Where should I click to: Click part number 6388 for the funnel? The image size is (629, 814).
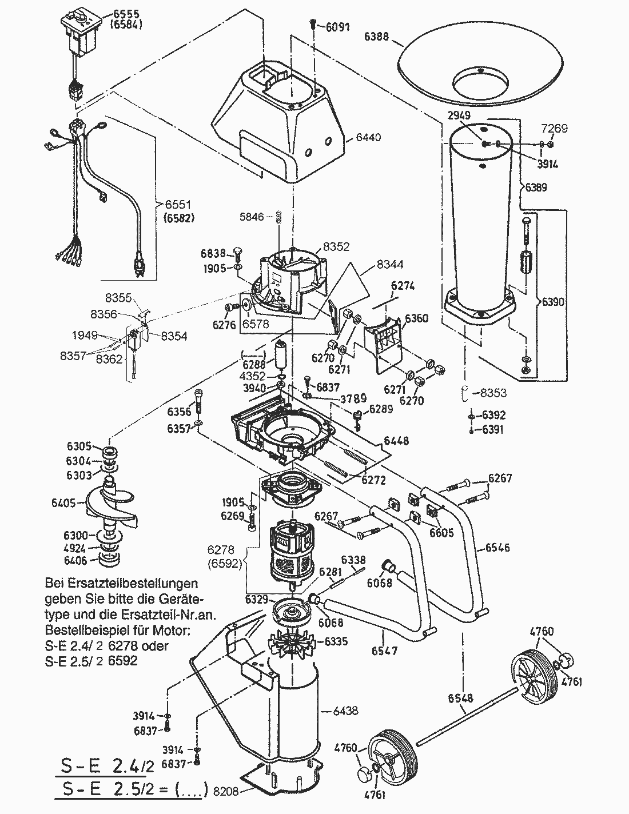pos(376,37)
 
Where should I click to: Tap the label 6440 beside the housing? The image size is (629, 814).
pos(368,138)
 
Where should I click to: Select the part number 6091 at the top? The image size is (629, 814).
pos(337,27)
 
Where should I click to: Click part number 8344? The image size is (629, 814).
pos(389,265)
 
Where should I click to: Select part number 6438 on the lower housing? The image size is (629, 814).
pos(345,711)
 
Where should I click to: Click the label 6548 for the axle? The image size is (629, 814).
pos(461,698)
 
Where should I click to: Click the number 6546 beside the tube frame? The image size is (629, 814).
pos(497,548)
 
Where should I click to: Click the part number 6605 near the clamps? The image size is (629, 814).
pos(441,533)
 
